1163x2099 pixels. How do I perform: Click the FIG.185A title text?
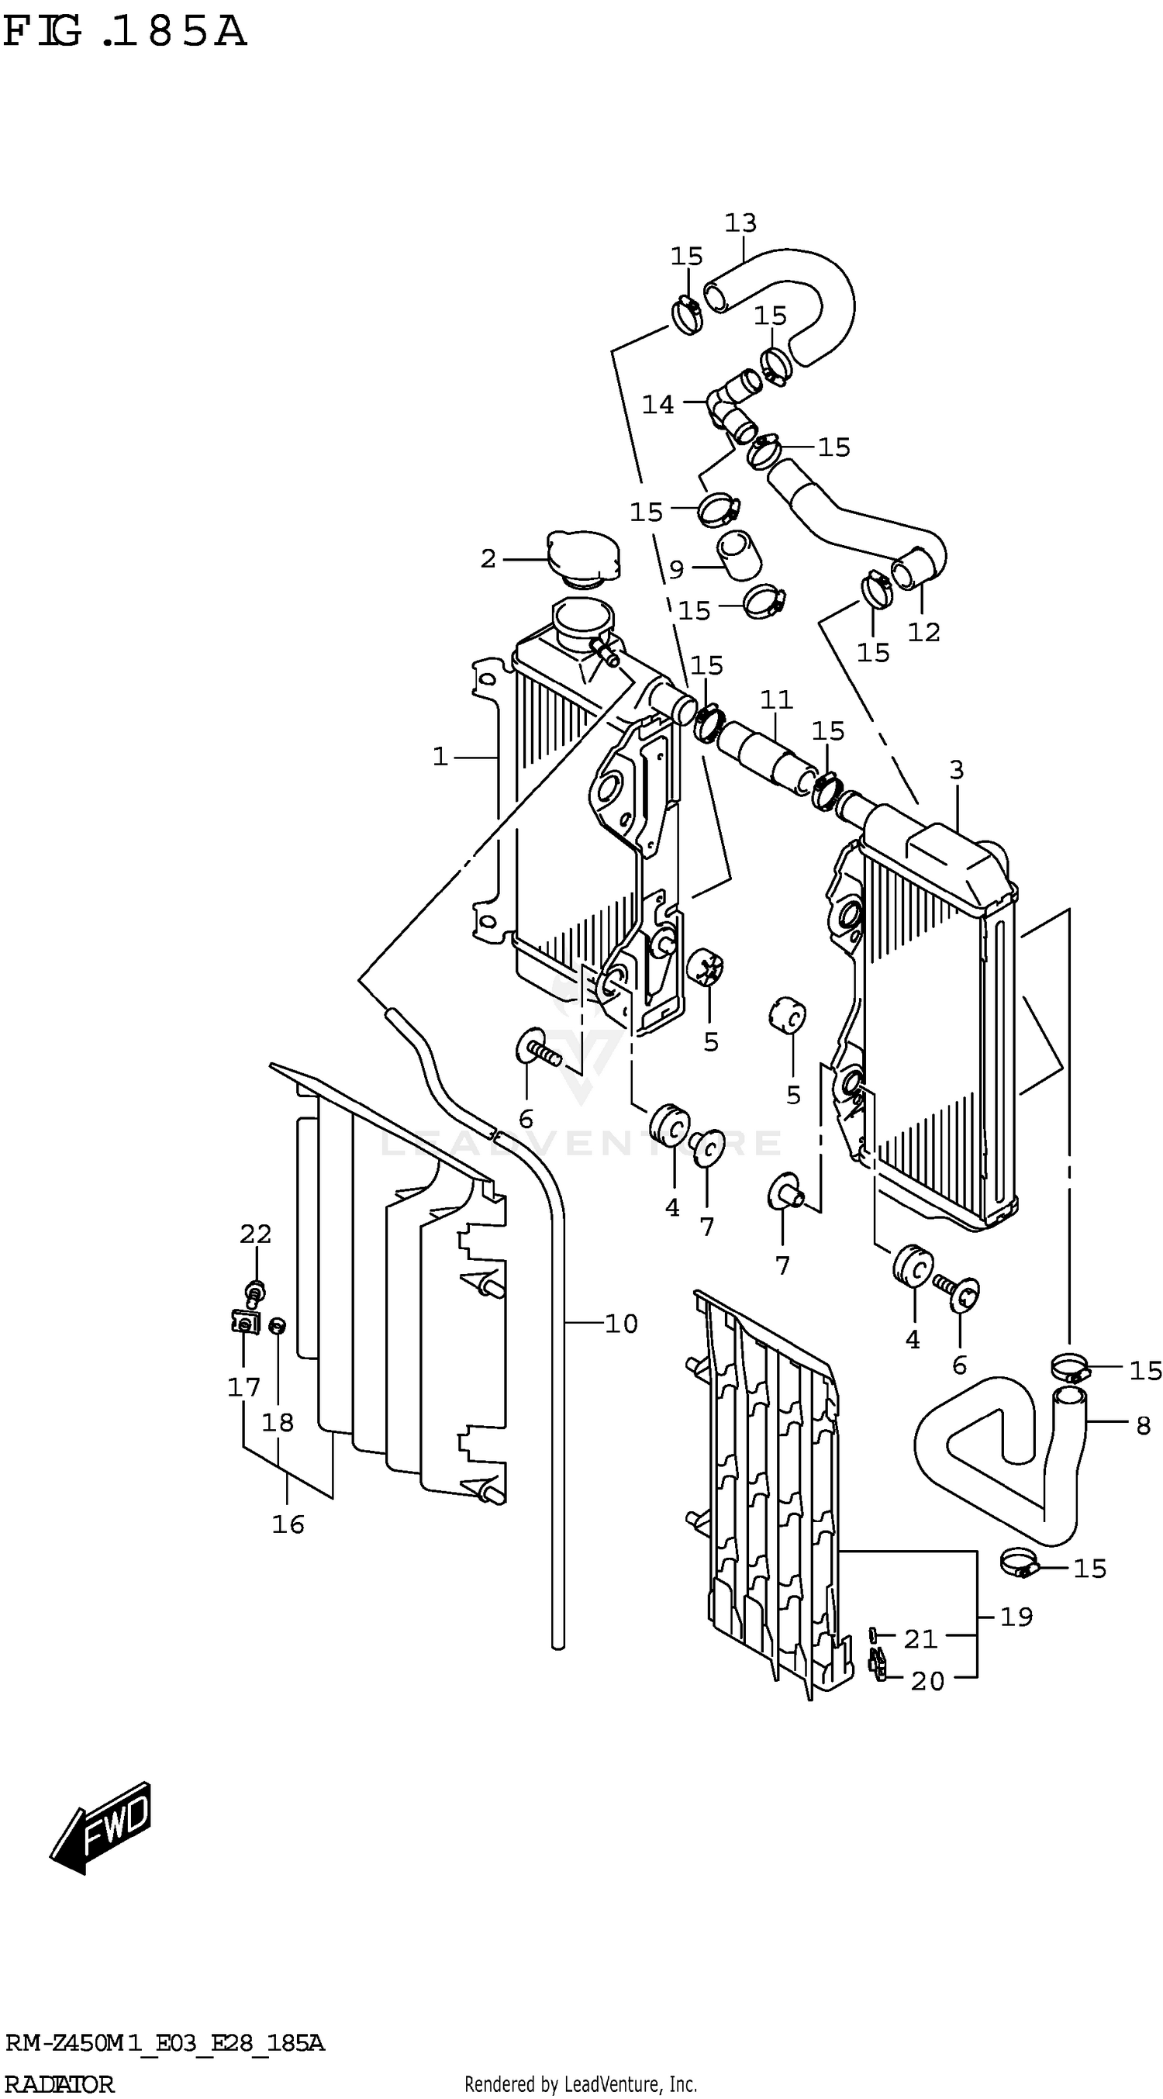(124, 33)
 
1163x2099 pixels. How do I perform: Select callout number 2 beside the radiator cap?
(488, 559)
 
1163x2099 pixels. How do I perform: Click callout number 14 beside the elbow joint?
(657, 404)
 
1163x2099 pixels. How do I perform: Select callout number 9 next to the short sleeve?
(676, 568)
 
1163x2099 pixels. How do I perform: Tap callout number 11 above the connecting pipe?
(776, 699)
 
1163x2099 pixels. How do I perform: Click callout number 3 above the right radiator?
(956, 769)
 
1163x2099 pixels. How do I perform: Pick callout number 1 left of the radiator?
(440, 757)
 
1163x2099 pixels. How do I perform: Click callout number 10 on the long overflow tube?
(621, 1324)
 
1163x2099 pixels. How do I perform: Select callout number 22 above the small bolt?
(255, 1234)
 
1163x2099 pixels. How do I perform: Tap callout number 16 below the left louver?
(288, 1524)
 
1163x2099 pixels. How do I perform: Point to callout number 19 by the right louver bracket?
(1016, 1617)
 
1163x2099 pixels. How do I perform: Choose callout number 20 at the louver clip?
(927, 1681)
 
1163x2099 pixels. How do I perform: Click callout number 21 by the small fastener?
(921, 1638)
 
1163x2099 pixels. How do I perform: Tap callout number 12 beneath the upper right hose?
(924, 631)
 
